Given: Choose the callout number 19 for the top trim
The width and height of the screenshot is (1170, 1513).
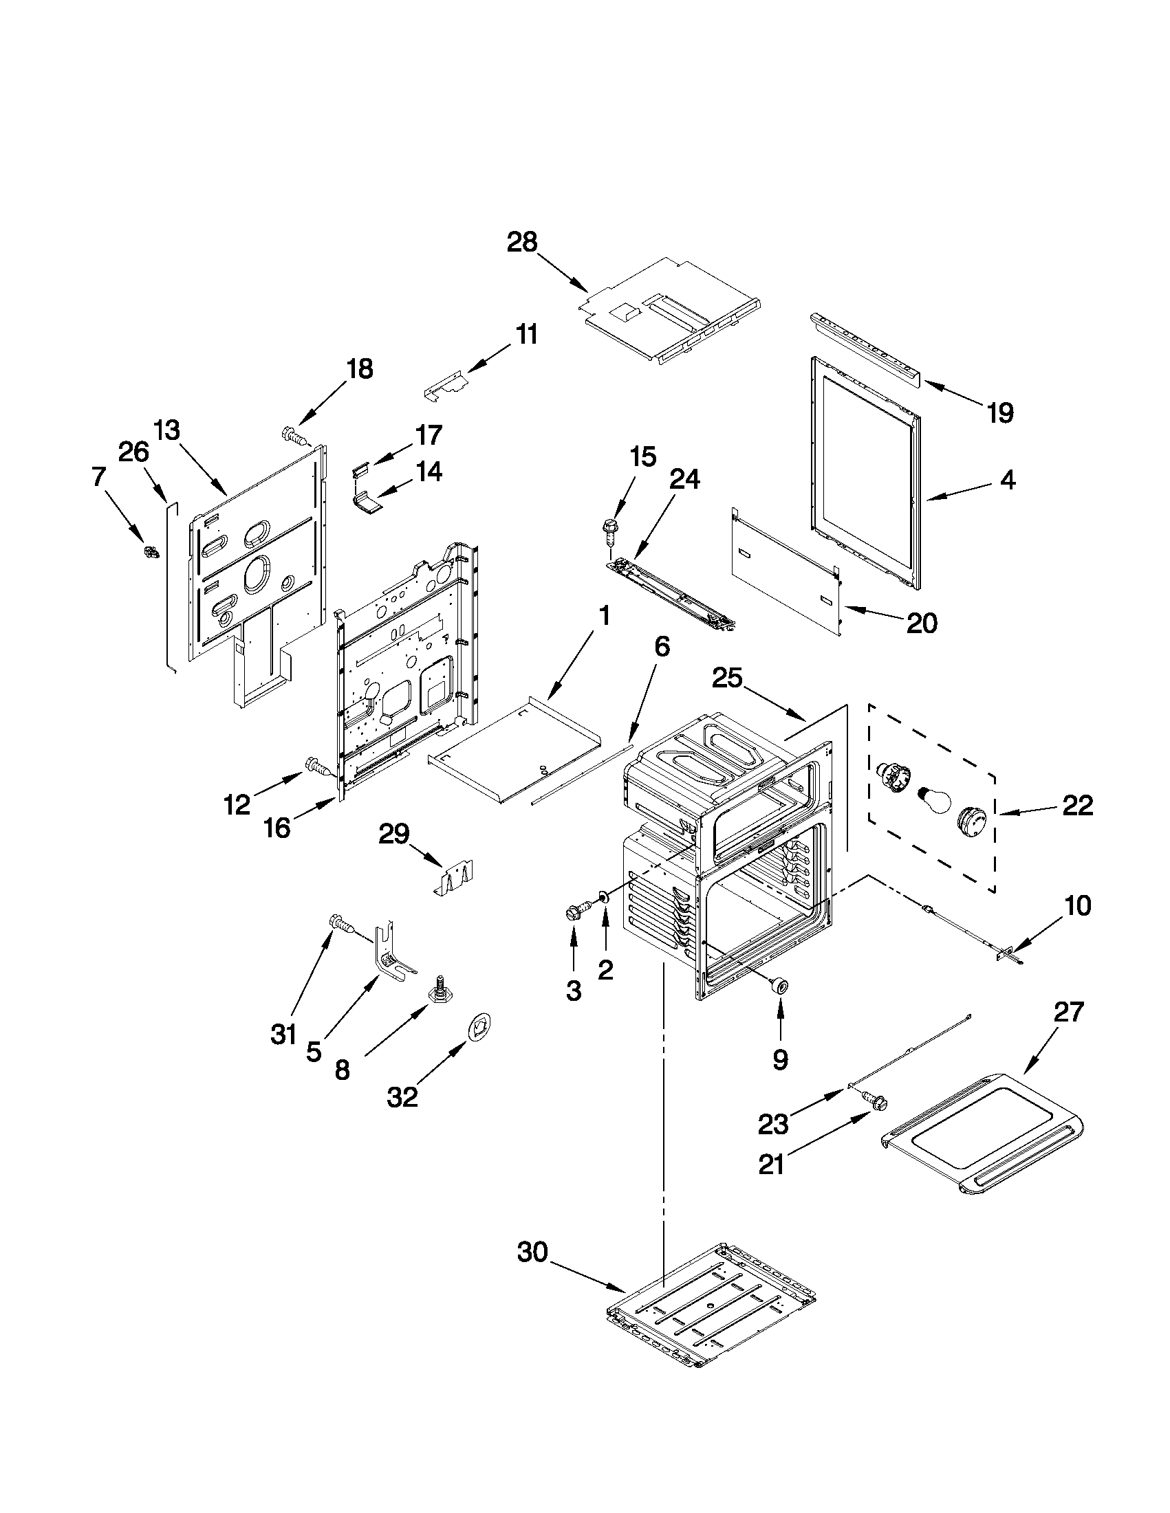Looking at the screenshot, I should click(999, 413).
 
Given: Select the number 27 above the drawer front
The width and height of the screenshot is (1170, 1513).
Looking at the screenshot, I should click(1068, 1012).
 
